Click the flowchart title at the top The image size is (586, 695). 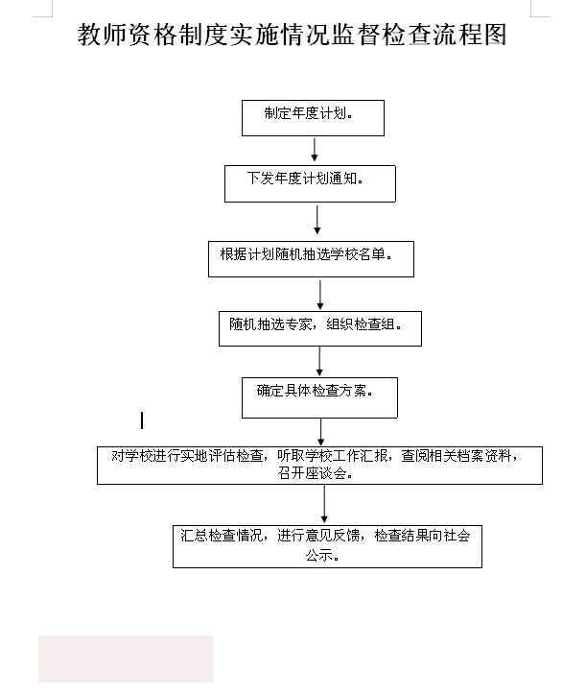(x=293, y=35)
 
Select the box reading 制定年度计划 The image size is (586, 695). (x=313, y=118)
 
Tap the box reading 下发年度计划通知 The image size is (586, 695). (x=310, y=183)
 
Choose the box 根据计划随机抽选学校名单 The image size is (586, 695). (x=311, y=259)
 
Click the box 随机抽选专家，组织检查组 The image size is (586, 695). (x=319, y=328)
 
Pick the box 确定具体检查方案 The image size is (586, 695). (x=319, y=397)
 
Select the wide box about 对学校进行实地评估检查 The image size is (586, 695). (x=319, y=466)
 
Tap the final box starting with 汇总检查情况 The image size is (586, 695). (x=327, y=546)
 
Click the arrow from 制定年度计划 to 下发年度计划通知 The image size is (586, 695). (x=315, y=150)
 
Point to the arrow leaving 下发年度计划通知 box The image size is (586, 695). (x=317, y=220)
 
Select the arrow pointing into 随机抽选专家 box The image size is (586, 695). (x=320, y=295)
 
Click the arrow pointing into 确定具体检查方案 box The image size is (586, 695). (x=319, y=361)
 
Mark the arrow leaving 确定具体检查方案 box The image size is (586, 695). (x=321, y=432)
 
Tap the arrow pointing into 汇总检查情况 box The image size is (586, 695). (x=324, y=504)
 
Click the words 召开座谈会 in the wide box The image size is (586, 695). (x=312, y=473)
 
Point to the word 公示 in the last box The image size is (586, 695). (x=319, y=555)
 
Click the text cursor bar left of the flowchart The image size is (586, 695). (x=142, y=420)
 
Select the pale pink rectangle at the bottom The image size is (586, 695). (x=126, y=659)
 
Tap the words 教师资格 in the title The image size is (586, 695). (x=128, y=35)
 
